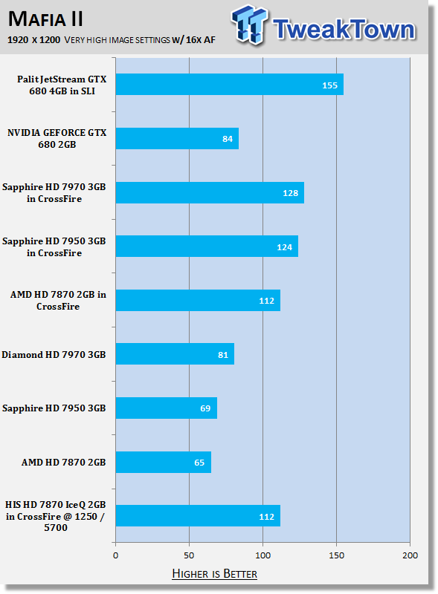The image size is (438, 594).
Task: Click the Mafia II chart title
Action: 45,19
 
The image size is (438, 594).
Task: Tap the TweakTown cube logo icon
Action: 249,25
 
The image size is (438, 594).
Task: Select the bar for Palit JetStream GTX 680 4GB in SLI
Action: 230,85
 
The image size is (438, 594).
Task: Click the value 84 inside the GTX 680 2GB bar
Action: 228,139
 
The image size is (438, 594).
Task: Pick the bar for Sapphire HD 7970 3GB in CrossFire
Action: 210,192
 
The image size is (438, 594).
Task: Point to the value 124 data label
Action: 284,247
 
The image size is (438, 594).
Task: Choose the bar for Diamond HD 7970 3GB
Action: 175,354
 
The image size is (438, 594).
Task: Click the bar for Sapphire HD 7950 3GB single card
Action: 167,408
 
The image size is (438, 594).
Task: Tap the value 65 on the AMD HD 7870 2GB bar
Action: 199,463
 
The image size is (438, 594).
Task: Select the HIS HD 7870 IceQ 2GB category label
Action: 56,516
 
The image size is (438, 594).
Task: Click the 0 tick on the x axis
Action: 116,555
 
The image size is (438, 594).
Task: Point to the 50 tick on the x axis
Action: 189,555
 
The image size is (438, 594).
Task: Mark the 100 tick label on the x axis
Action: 263,555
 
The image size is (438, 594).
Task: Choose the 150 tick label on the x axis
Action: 336,555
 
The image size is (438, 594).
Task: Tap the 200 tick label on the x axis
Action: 410,555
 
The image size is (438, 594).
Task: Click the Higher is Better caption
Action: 214,573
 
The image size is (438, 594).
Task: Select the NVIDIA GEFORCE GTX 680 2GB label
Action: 57,138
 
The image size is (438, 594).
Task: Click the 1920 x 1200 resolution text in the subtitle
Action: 33,40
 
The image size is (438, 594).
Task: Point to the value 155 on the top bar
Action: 330,85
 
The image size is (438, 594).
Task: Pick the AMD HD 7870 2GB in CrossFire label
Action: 58,301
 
